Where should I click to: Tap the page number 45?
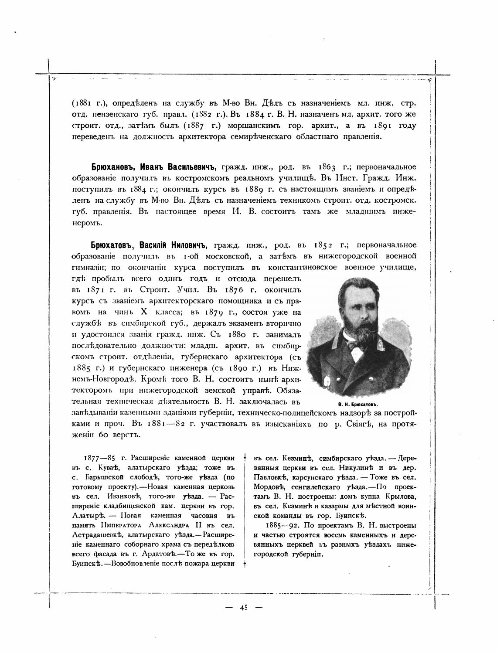click(x=243, y=608)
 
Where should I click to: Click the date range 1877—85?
click(x=97, y=458)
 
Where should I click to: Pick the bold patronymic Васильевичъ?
click(x=192, y=167)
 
